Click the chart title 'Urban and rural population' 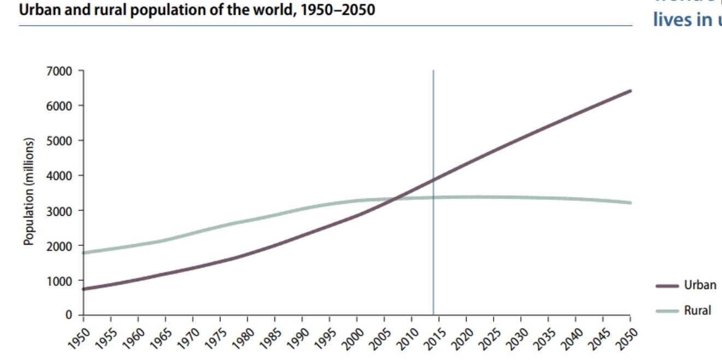197,10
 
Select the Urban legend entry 700,285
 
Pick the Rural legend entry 697,310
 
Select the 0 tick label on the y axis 69,315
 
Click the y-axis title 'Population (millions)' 30,192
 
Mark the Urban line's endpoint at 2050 630,91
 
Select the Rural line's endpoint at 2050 630,203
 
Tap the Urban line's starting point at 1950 84,288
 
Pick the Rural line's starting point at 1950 84,252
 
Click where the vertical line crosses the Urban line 433,179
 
